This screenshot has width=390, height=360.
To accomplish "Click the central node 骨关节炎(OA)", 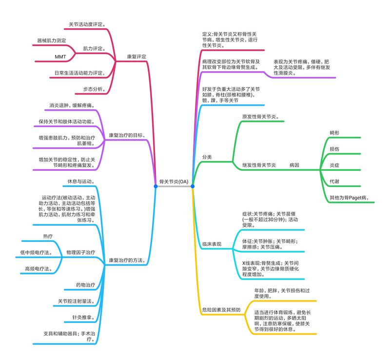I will (x=174, y=181).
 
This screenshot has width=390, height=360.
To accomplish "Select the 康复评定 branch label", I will (x=136, y=56).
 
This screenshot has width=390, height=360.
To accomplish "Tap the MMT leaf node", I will (x=60, y=57).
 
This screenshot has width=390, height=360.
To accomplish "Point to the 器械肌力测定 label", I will (x=51, y=40).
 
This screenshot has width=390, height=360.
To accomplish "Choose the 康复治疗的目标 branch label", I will (x=126, y=135).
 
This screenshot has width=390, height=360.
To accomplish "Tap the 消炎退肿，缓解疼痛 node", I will (x=72, y=105).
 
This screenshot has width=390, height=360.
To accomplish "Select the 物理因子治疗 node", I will (x=80, y=252).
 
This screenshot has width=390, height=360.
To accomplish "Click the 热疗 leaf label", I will (x=48, y=237).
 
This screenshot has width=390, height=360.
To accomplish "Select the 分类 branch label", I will (x=207, y=157).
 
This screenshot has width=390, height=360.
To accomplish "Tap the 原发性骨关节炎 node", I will (x=261, y=117).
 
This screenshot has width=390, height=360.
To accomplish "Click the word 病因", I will (x=294, y=165).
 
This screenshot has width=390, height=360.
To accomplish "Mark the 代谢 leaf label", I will (x=334, y=181).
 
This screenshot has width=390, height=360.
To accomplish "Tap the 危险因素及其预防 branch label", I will (x=221, y=310).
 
